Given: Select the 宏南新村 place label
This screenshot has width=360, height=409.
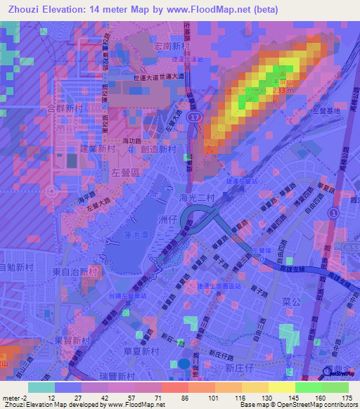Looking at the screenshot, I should [x=172, y=47].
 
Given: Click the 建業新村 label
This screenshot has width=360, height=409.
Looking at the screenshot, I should [x=97, y=149].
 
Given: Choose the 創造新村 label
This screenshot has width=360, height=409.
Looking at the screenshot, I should [x=157, y=149].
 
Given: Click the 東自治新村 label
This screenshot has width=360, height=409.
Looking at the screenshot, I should [x=73, y=271].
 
